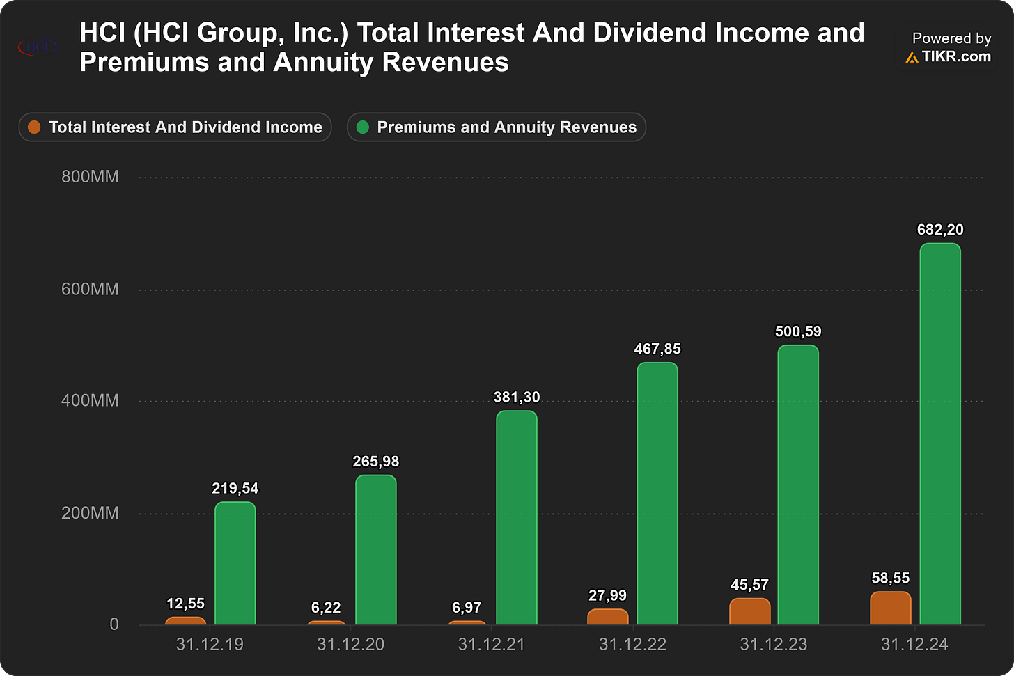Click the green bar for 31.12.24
click(x=940, y=434)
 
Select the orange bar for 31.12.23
click(x=749, y=612)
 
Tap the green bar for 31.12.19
click(x=235, y=563)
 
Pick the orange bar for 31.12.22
click(x=608, y=618)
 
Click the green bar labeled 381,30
click(x=517, y=518)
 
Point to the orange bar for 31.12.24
click(x=891, y=608)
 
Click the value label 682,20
click(x=940, y=230)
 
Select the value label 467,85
click(x=657, y=349)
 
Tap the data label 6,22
click(x=326, y=607)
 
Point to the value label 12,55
click(x=185, y=604)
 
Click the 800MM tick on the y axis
click(x=90, y=176)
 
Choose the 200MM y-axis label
click(x=90, y=513)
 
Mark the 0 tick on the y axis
click(x=114, y=624)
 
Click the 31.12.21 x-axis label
click(x=491, y=645)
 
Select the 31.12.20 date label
click(x=350, y=645)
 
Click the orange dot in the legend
click(x=34, y=127)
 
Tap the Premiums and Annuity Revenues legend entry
click(x=496, y=127)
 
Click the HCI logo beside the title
click(x=38, y=47)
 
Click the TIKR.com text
click(x=956, y=56)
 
